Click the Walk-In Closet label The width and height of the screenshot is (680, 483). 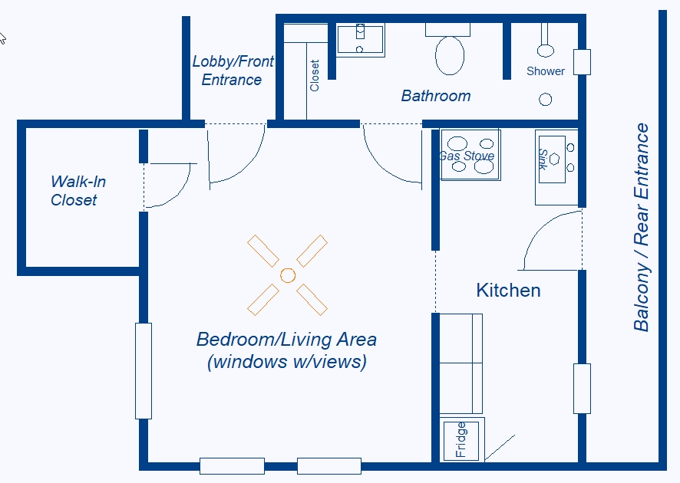click(x=78, y=191)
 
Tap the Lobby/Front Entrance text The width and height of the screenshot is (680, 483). click(x=233, y=71)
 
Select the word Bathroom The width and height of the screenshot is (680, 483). click(x=436, y=96)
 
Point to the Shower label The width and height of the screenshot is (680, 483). click(x=546, y=71)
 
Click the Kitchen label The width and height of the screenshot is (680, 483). click(x=508, y=291)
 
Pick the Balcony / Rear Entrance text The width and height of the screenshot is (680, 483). click(x=642, y=228)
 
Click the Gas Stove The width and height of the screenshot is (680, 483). click(x=470, y=155)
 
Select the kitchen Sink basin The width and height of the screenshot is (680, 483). click(x=552, y=159)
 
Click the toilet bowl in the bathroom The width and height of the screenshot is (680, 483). click(x=450, y=55)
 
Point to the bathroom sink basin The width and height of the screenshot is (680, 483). click(x=361, y=40)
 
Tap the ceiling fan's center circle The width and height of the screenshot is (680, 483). click(x=288, y=275)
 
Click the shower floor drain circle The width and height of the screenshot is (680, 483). click(x=545, y=100)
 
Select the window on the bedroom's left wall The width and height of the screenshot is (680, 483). click(x=144, y=371)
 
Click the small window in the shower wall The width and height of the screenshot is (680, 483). click(x=582, y=62)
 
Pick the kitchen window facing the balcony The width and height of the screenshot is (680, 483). click(x=582, y=389)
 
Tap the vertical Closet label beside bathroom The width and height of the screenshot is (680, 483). click(x=315, y=75)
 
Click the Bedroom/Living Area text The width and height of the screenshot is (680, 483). click(x=286, y=350)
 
